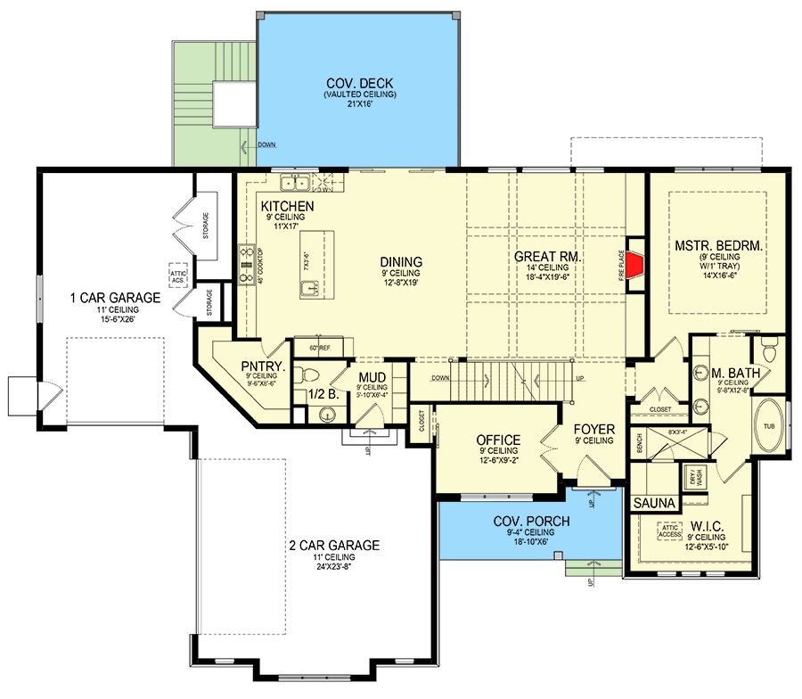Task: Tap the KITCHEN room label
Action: (x=287, y=207)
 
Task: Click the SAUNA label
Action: (x=654, y=504)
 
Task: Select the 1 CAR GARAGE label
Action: (x=117, y=297)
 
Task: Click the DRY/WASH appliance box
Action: (x=695, y=478)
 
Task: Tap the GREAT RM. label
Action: (x=547, y=257)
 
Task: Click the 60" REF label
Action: (x=319, y=347)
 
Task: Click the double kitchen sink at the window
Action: (x=295, y=184)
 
